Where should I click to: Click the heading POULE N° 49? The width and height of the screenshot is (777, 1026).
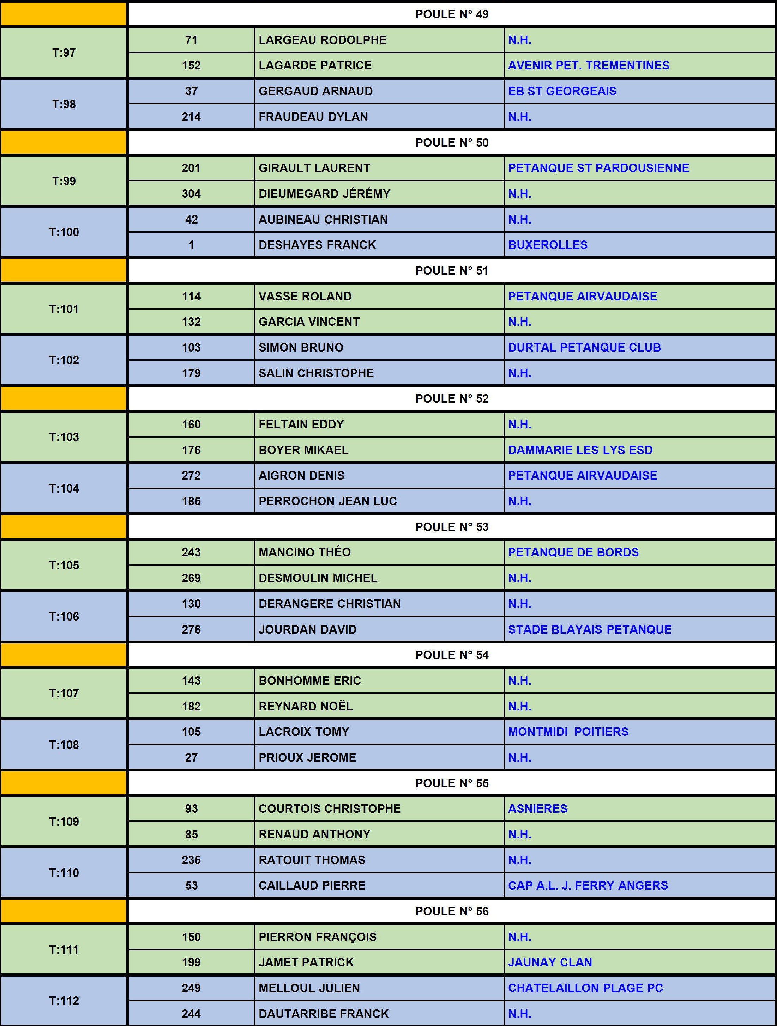coord(452,14)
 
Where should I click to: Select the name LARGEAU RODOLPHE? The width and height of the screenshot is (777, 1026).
coord(322,40)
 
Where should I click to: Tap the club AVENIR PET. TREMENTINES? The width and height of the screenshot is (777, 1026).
coord(588,65)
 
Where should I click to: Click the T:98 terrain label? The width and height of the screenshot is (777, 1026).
coord(64,104)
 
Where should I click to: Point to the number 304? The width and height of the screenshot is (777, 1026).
coord(191,194)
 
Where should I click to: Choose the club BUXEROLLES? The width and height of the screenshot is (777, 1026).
coord(547,245)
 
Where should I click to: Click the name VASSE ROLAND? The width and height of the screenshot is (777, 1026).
coord(305,297)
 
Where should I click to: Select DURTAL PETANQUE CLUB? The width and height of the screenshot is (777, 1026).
coord(584,347)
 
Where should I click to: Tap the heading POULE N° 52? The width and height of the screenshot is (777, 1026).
coord(452,399)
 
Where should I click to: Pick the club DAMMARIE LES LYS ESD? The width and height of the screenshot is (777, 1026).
coord(580,450)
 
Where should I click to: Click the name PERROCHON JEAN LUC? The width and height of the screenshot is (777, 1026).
coord(327,501)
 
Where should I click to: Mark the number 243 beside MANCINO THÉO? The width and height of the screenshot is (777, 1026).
coord(191,552)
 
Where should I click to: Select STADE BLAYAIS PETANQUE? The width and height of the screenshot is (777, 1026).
coord(590,629)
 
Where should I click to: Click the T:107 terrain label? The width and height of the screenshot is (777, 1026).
coord(64,694)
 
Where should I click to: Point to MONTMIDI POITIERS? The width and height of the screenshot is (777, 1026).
coord(568,732)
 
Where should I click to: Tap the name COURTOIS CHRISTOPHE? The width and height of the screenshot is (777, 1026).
coord(330,808)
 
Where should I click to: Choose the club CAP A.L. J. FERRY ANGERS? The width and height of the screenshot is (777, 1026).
coord(588,885)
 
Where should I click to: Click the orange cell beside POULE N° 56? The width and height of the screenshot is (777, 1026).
coord(64,911)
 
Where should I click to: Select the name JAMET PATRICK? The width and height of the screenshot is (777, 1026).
coord(306,963)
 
